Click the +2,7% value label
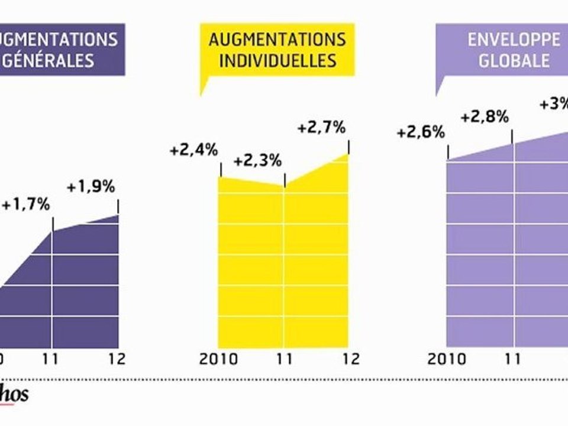click(x=321, y=128)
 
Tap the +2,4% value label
click(x=193, y=150)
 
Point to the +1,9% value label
click(x=91, y=187)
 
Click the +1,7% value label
click(x=25, y=206)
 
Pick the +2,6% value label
click(x=421, y=132)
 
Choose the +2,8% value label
click(x=485, y=117)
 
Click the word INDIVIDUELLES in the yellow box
click(x=277, y=60)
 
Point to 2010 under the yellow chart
click(x=220, y=359)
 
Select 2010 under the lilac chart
click(x=447, y=359)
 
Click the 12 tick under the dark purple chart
click(x=118, y=359)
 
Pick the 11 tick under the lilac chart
click(x=513, y=359)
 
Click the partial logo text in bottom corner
click(x=14, y=395)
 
